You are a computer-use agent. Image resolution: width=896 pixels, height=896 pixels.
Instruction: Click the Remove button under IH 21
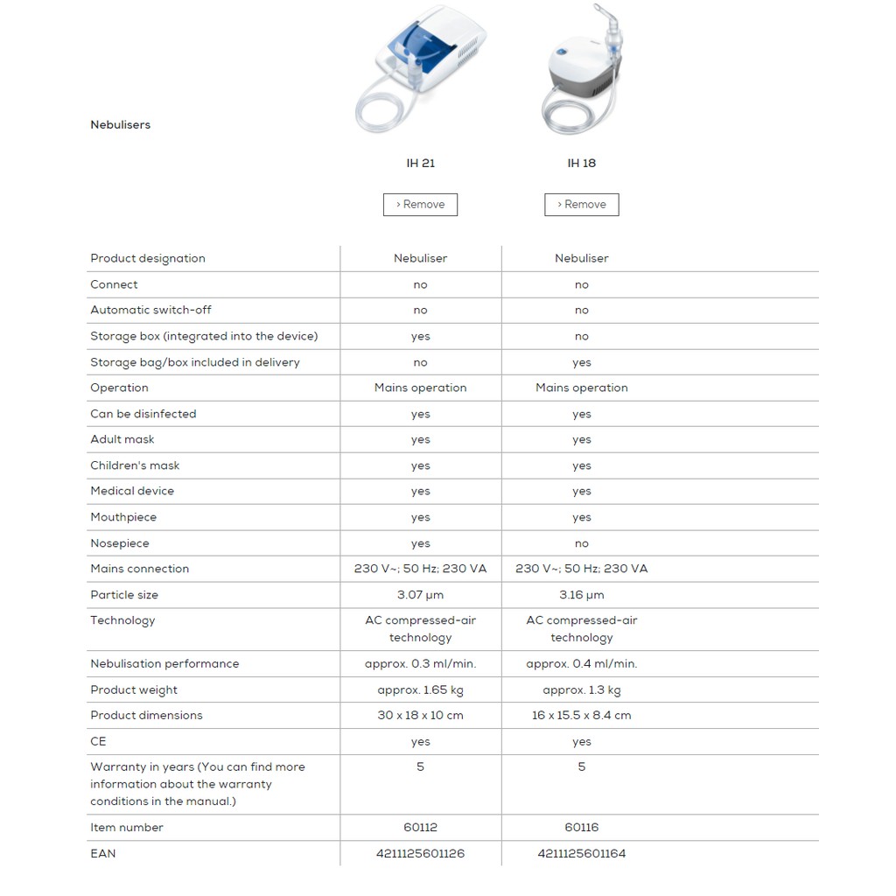[x=420, y=205]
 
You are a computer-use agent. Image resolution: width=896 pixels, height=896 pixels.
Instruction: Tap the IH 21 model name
[x=420, y=164]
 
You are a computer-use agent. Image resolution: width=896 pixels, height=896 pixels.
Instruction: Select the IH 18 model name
[x=581, y=164]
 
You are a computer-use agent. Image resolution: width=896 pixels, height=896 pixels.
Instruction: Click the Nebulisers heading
[x=121, y=125]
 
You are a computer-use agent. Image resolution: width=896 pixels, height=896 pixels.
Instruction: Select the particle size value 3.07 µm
[x=420, y=595]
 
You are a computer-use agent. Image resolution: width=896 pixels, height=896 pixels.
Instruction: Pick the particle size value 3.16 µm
[x=581, y=595]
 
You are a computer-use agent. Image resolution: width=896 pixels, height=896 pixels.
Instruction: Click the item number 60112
[x=420, y=828]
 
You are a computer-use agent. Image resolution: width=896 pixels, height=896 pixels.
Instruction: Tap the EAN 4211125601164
[x=581, y=854]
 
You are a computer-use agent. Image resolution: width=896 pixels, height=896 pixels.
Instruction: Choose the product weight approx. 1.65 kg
[x=420, y=690]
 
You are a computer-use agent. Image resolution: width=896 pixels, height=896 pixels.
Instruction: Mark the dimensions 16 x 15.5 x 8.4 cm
[x=581, y=716]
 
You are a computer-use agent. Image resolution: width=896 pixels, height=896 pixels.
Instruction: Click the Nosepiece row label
[x=120, y=543]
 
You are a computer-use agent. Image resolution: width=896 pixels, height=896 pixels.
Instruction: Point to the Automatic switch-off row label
[x=150, y=311]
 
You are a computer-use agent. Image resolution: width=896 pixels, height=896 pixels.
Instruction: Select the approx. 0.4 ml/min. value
[x=581, y=664]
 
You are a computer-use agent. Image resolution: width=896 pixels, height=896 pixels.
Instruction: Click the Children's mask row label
[x=135, y=465]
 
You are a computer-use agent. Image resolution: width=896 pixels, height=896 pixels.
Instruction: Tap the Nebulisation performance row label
[x=164, y=664]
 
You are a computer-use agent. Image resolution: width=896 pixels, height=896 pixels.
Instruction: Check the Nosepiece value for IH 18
[x=581, y=543]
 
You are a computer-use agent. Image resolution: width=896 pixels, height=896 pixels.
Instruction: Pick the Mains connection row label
[x=139, y=569]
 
